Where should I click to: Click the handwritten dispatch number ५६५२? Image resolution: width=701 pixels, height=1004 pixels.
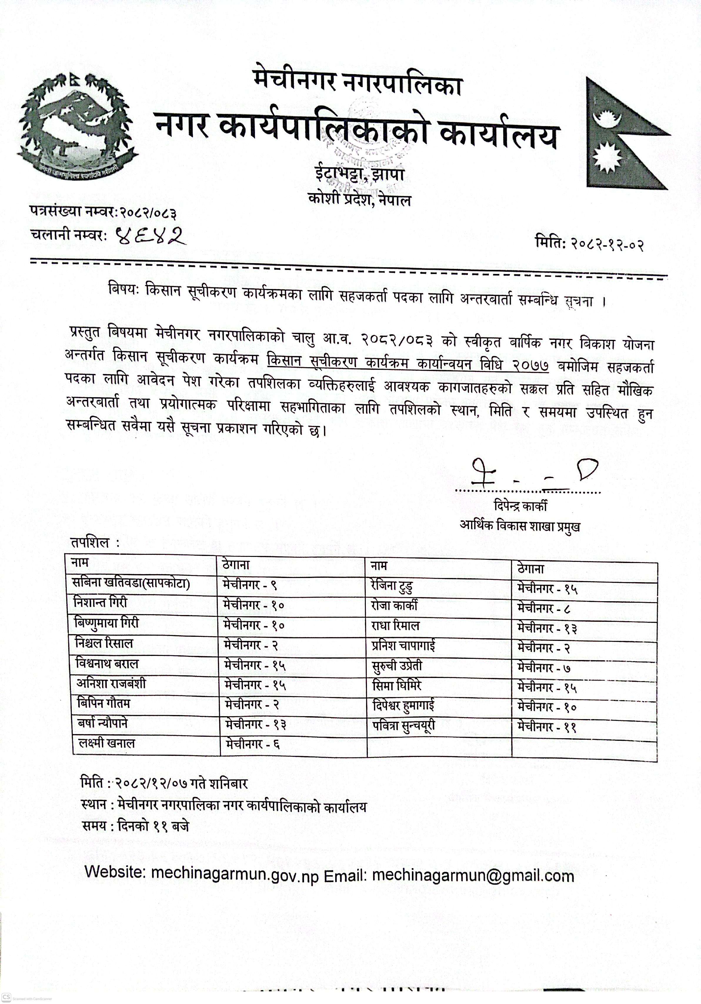coord(149,237)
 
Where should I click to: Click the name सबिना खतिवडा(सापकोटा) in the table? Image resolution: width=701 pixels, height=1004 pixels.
coord(131,583)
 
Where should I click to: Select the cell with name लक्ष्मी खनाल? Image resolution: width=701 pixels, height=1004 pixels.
coord(107,744)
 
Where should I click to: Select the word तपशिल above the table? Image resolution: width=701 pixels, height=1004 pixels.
coord(90,543)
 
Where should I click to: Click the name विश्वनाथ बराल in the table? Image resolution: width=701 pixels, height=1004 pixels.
coord(107,664)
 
